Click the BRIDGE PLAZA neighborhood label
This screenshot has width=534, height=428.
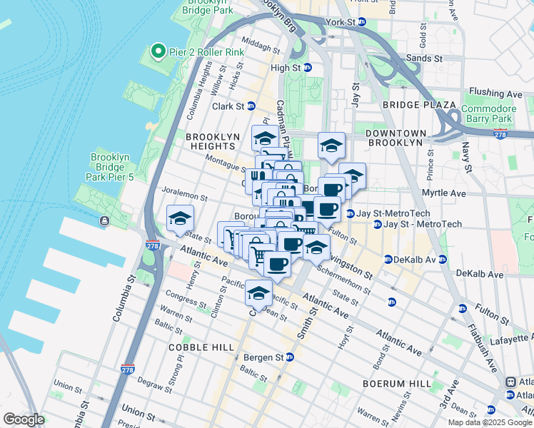tap(418, 105)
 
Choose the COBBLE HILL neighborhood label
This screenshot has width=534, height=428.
tap(201, 347)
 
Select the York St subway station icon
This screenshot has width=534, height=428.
tap(362, 22)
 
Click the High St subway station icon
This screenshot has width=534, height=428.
tap(308, 68)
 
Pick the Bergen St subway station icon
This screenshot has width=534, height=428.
tap(289, 357)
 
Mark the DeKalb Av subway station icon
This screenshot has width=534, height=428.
tap(388, 259)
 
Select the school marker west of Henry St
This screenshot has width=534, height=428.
tap(180, 217)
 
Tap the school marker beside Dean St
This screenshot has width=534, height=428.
tap(258, 293)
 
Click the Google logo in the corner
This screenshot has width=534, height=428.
tap(24, 419)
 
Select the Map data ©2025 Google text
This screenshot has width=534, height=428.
tap(489, 422)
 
